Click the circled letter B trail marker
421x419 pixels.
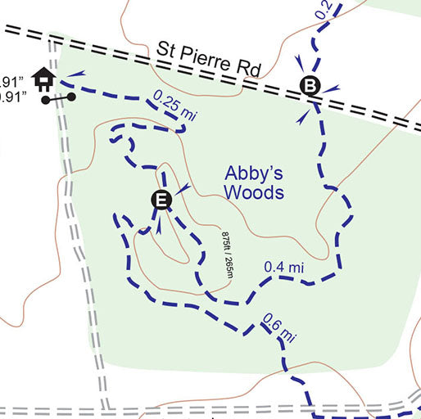pyautogui.click(x=310, y=84)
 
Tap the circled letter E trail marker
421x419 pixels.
pyautogui.click(x=161, y=200)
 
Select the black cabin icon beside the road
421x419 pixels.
pyautogui.click(x=44, y=79)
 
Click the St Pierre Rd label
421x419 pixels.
pyautogui.click(x=209, y=60)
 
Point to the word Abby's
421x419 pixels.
pyautogui.click(x=254, y=173)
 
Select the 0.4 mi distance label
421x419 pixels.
pyautogui.click(x=284, y=268)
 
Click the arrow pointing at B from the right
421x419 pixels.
pyautogui.click(x=333, y=88)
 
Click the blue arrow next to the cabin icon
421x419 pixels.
pyautogui.click(x=75, y=74)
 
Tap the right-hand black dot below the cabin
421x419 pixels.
pyautogui.click(x=72, y=97)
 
